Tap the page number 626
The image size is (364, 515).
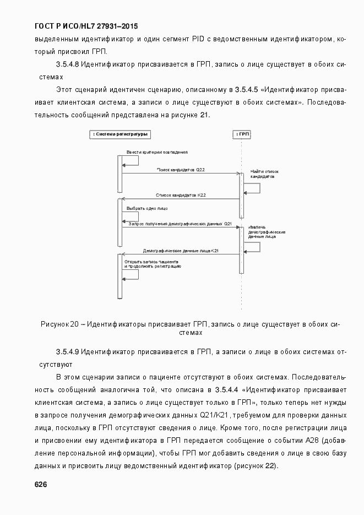pos(41,484)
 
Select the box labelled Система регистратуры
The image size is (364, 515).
pos(119,134)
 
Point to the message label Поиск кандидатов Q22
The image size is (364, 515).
pos(181,170)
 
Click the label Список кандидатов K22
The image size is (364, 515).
pos(181,196)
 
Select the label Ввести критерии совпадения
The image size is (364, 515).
pos(157,151)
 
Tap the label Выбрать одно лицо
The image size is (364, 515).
pos(147,209)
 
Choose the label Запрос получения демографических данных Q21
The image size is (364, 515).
pos(180,224)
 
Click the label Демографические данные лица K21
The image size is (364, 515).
pos(181,251)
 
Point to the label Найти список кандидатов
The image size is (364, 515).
pos(262,174)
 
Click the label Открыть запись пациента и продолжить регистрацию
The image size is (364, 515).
pos(153,263)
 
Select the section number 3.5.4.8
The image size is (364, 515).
pos(69,64)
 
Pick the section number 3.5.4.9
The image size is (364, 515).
pos(69,351)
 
